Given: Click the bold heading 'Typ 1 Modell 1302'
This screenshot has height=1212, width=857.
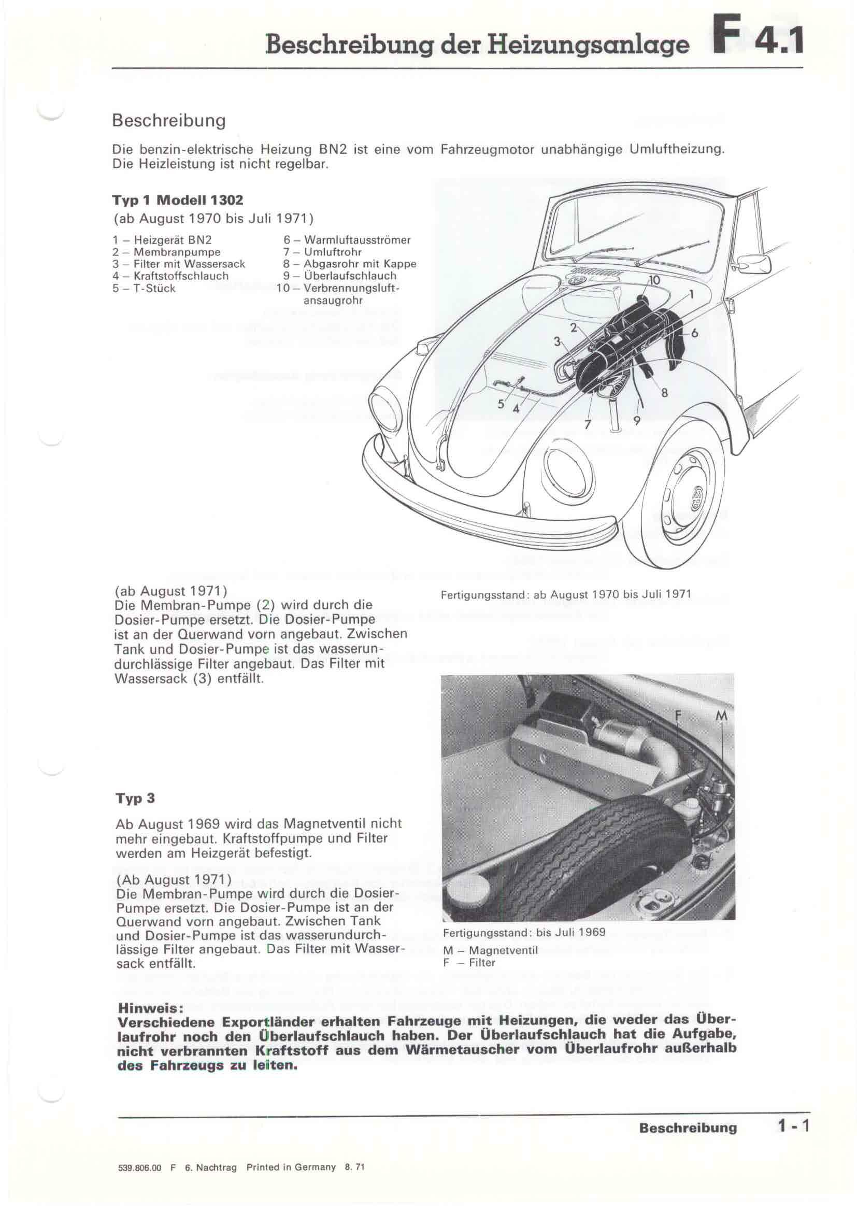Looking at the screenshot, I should (x=178, y=200).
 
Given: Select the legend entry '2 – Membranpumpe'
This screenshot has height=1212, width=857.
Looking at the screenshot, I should (x=166, y=252).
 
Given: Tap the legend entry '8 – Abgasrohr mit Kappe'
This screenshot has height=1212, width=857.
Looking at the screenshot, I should (x=350, y=264).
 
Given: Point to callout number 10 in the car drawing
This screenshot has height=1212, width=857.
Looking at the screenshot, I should (x=654, y=280).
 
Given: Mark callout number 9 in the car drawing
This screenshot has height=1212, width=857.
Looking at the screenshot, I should (x=637, y=421).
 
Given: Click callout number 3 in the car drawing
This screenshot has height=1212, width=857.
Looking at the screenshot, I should (x=556, y=341).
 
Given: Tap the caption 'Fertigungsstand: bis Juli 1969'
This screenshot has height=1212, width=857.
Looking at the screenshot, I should (x=524, y=932).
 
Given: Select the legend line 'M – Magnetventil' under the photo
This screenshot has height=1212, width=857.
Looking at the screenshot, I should (x=490, y=950).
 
